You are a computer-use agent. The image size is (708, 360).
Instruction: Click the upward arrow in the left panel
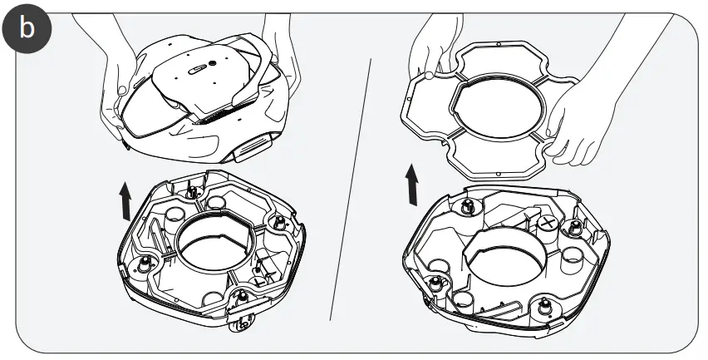pos(125,202)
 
